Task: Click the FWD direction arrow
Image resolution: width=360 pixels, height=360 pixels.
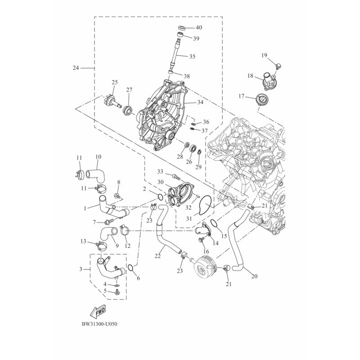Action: click(x=99, y=311)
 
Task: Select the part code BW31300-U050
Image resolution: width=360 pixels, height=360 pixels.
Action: click(x=99, y=324)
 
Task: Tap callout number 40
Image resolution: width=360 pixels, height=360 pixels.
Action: click(x=198, y=27)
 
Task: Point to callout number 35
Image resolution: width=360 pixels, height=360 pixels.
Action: click(x=192, y=56)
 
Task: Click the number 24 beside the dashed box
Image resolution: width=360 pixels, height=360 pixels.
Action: click(x=76, y=68)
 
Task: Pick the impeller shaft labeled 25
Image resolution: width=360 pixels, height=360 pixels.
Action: click(x=114, y=100)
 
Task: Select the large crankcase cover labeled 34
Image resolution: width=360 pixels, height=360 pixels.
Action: click(x=162, y=115)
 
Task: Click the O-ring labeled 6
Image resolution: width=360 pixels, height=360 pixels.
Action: click(x=130, y=268)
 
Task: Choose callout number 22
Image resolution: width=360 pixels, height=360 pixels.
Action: click(x=157, y=256)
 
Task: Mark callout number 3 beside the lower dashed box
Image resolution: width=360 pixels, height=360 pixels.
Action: click(x=81, y=269)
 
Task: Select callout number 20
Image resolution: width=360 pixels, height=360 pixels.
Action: click(x=254, y=276)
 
